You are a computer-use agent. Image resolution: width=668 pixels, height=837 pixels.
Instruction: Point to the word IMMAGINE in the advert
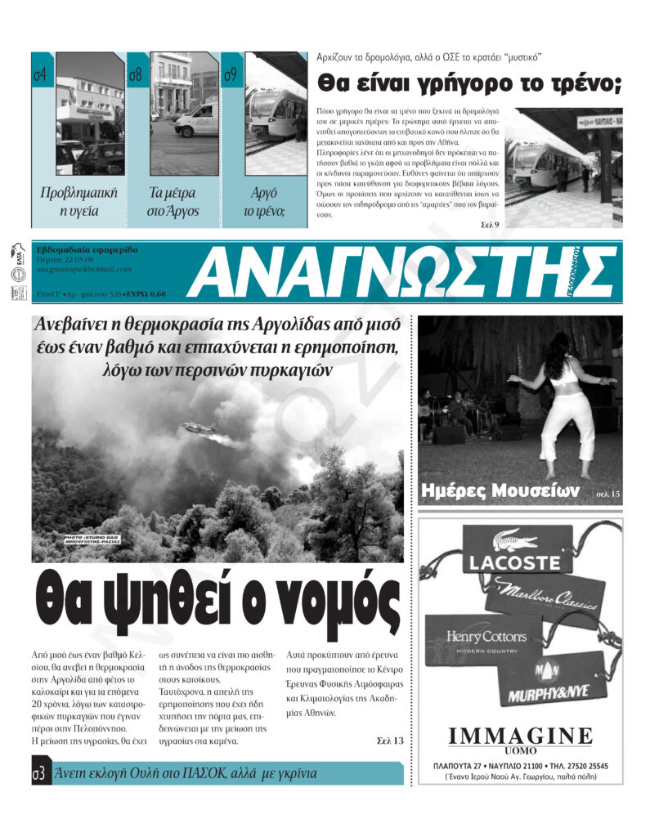pyautogui.click(x=520, y=734)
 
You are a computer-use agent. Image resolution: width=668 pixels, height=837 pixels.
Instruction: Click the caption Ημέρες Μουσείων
pyautogui.click(x=499, y=491)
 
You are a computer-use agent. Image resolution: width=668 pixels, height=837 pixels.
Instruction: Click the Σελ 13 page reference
pyautogui.click(x=390, y=741)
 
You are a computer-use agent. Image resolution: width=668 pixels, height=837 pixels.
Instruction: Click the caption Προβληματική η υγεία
pyautogui.click(x=79, y=202)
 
